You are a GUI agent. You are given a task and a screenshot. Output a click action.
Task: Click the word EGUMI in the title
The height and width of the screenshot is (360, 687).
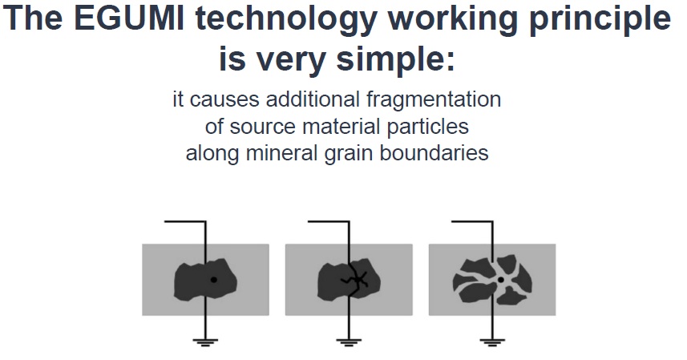[129, 18]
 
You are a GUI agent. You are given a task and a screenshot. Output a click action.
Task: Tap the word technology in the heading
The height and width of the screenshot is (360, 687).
[286, 21]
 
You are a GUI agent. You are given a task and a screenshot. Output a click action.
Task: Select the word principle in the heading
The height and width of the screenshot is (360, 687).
[600, 21]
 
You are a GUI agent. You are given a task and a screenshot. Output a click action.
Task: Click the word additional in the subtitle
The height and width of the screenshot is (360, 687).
[313, 99]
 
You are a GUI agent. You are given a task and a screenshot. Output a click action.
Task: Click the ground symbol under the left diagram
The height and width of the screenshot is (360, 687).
[205, 342]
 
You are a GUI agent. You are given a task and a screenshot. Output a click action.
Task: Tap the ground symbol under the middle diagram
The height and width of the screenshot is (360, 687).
[349, 342]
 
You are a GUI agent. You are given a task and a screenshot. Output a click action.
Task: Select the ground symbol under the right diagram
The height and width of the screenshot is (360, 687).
[492, 342]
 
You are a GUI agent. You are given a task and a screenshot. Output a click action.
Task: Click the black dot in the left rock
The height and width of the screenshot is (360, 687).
[213, 279]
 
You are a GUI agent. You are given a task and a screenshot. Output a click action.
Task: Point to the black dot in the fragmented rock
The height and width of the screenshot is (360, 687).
[501, 279]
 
